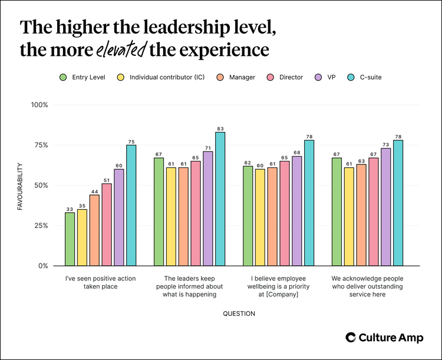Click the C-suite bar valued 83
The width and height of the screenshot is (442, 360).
[220, 199]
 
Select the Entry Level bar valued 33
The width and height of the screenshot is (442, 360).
[70, 239]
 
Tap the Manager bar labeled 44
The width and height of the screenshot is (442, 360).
[94, 230]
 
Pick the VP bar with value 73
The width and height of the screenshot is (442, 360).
[385, 207]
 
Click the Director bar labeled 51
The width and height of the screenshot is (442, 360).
[107, 224]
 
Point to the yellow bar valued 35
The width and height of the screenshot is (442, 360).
[82, 237]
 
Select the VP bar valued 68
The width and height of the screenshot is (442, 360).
[296, 211]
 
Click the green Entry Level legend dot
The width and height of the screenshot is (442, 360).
[63, 77]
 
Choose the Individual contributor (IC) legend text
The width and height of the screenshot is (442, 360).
[167, 77]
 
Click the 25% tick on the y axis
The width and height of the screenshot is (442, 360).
[41, 226]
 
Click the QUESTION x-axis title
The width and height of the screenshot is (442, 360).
[239, 313]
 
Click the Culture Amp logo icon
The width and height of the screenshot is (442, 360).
[350, 337]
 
